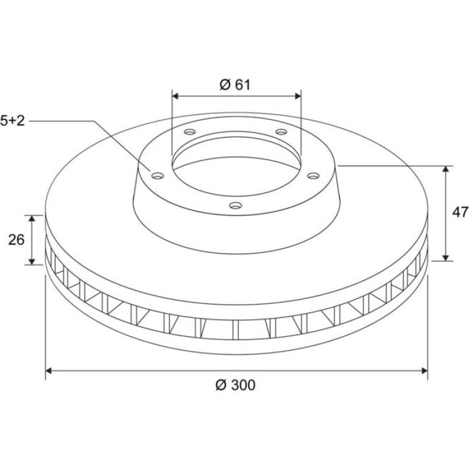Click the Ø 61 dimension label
click(x=234, y=85)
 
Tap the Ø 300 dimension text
click(x=235, y=385)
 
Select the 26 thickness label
click(x=16, y=240)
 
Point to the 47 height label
click(x=460, y=213)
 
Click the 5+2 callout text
click(x=13, y=121)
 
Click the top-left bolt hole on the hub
click(x=189, y=132)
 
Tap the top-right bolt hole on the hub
click(x=281, y=132)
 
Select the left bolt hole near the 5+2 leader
click(x=158, y=175)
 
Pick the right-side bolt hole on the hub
click(x=313, y=175)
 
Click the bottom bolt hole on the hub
click(x=235, y=205)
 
